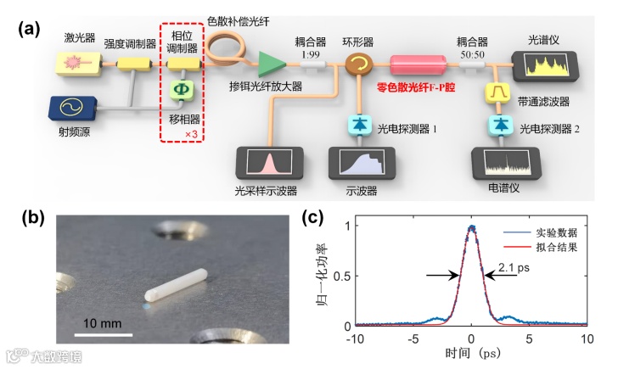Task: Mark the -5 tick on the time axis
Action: tap(414, 339)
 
